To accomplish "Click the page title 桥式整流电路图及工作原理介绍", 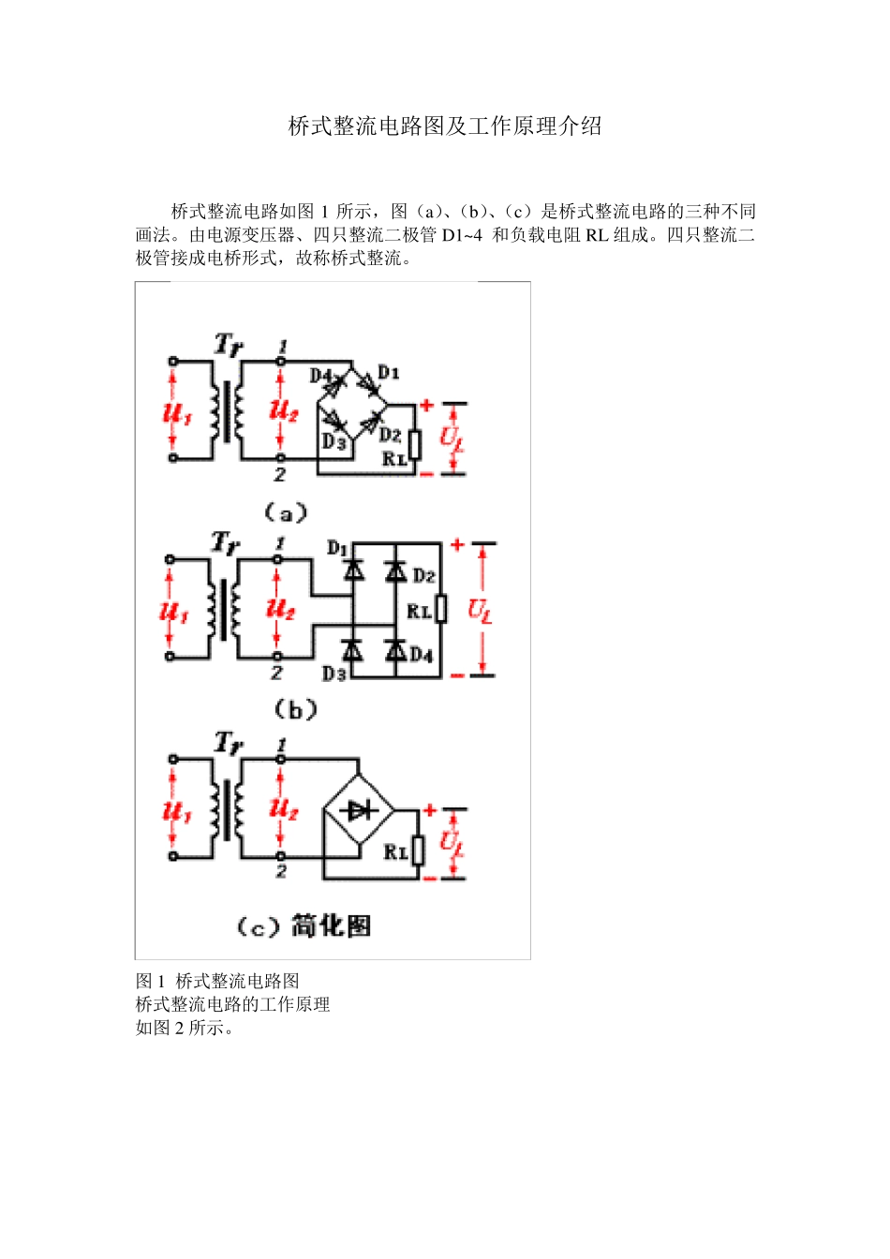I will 445,126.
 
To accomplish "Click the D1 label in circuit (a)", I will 389,373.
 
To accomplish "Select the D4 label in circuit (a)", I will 321,376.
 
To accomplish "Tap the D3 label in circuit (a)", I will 334,440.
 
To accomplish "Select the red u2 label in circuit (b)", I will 281,609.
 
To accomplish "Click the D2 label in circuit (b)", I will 423,575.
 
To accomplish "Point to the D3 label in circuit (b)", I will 334,673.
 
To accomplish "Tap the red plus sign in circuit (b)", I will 457,544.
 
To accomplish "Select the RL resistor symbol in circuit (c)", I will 418,851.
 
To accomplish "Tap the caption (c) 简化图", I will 304,926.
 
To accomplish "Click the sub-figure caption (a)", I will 285,512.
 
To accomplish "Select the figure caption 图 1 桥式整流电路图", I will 217,981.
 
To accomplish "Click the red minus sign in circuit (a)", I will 426,474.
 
